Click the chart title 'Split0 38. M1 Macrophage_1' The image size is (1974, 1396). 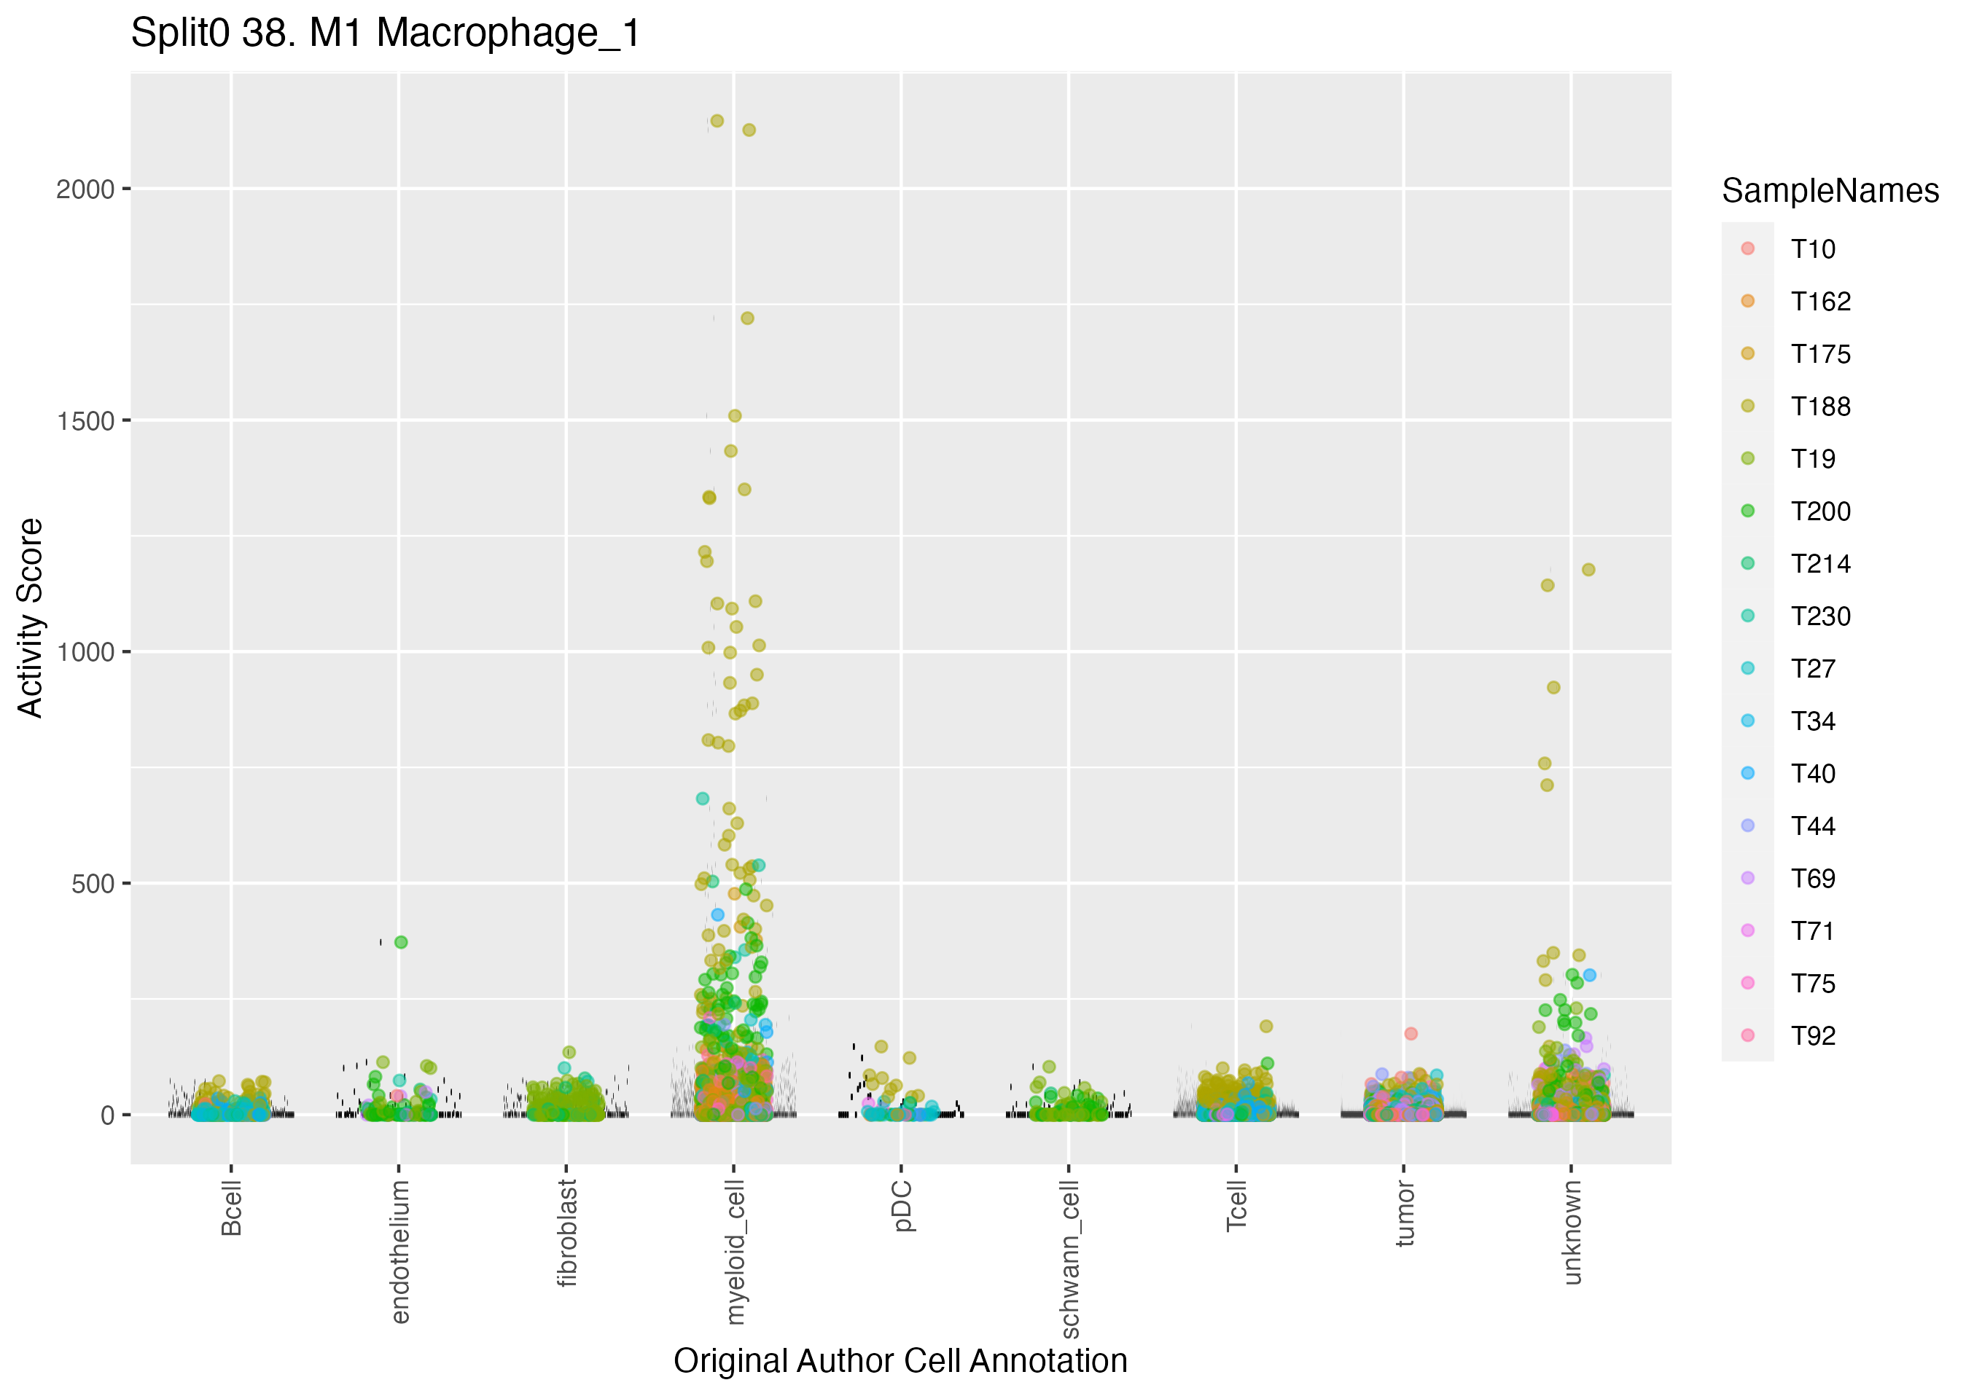tap(385, 34)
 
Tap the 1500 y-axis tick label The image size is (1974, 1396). tap(85, 421)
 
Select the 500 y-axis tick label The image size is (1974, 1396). tap(92, 884)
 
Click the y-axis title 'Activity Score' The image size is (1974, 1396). tap(31, 617)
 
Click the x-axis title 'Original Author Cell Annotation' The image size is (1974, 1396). tap(900, 1361)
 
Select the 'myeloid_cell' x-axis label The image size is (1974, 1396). tap(735, 1252)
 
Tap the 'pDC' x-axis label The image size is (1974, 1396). tap(902, 1207)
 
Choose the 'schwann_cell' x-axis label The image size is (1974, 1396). tap(1069, 1258)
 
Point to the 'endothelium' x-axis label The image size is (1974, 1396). tap(399, 1252)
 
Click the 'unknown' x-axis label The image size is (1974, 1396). tap(1572, 1232)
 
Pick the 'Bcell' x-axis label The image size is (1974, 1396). tap(231, 1209)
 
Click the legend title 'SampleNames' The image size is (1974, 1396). tap(1830, 191)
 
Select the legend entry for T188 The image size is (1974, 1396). tap(1820, 407)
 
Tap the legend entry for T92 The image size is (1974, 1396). tap(1813, 1036)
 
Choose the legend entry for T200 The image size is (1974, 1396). tap(1820, 511)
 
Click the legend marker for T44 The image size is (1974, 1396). tap(1748, 826)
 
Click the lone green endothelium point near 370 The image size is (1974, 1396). tap(401, 942)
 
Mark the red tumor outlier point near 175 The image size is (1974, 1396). tap(1411, 1034)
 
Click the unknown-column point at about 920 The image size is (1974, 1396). tap(1553, 688)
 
